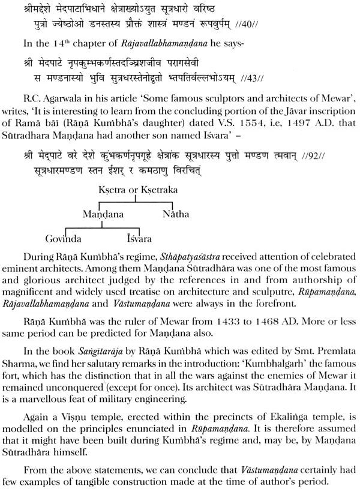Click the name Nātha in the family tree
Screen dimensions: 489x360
click(x=176, y=214)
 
